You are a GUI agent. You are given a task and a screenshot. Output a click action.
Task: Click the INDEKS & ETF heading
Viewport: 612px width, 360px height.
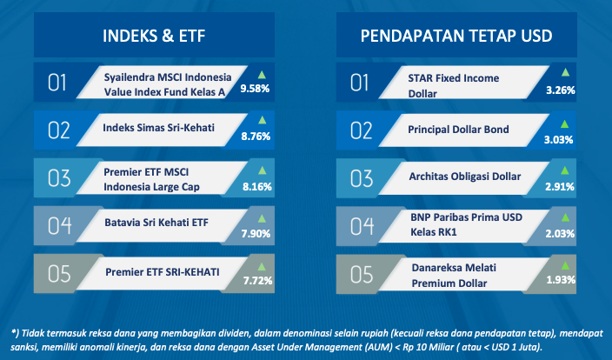[x=154, y=36]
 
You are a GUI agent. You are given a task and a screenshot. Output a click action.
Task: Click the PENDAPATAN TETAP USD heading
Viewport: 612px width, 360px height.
[x=456, y=36]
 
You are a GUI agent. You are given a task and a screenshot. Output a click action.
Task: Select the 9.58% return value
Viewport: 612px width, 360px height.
[x=255, y=89]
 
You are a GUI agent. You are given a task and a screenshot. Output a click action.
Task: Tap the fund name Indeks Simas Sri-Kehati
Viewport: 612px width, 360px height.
[x=158, y=128]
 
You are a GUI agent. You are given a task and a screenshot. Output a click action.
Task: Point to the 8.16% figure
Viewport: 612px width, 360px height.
[x=257, y=187]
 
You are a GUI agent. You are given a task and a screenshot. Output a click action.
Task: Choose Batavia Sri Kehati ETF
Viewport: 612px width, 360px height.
[x=156, y=223]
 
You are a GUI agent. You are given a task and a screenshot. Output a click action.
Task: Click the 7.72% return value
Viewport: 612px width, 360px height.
[x=257, y=281]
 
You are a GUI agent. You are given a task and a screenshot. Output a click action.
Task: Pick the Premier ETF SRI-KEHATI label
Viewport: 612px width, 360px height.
[x=163, y=272]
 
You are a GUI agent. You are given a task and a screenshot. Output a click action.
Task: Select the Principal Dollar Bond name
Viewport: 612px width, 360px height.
[x=458, y=130]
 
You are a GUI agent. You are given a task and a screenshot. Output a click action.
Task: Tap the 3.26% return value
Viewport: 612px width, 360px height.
[x=561, y=90]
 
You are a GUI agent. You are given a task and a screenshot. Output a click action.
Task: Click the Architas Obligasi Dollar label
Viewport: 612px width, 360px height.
[x=465, y=177]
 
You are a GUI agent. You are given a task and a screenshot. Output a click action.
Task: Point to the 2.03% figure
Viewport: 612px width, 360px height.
[x=560, y=234]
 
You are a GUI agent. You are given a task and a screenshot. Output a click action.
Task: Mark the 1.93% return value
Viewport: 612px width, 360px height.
[x=561, y=280]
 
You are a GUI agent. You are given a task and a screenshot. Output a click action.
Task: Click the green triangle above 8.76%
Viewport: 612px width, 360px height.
[x=263, y=120]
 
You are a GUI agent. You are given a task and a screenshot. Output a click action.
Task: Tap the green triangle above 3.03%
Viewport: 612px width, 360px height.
[x=564, y=124]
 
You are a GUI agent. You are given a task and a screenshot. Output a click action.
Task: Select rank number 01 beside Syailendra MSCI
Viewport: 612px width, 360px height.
[x=57, y=83]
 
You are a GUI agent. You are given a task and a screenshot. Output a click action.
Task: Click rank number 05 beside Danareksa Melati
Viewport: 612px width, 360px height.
[x=362, y=275]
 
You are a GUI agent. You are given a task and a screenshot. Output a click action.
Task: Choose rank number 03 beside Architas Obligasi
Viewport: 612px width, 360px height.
[x=362, y=178]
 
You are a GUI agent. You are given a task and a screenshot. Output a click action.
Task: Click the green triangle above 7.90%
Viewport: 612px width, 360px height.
[x=262, y=218]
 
